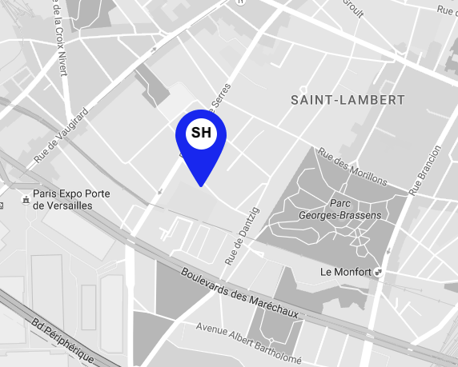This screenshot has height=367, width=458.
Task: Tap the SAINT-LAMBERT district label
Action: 348,100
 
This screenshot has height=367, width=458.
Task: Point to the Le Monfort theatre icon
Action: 378,272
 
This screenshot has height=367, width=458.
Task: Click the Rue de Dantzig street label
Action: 243,235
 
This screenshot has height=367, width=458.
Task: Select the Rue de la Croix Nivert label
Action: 58,36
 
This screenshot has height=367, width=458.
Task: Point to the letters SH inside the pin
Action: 201,133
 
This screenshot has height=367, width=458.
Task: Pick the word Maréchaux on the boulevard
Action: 272,305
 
